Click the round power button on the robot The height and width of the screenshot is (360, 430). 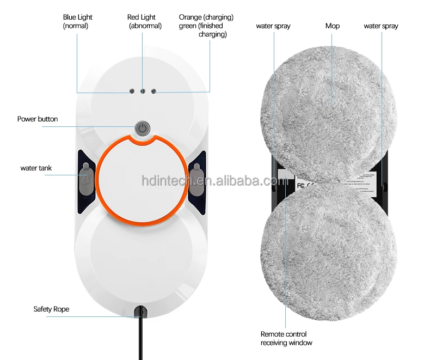142,129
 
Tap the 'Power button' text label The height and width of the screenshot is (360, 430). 38,119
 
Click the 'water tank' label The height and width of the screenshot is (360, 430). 36,168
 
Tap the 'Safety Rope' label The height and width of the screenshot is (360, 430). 51,309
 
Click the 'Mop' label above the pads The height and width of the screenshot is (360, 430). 333,26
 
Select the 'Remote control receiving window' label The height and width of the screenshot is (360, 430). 286,338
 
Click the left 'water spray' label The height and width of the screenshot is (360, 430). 273,26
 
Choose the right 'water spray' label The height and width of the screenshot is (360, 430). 381,26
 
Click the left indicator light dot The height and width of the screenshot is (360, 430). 132,91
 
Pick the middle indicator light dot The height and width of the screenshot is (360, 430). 143,92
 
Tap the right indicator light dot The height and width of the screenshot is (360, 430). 153,91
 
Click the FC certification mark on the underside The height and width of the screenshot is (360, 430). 300,185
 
